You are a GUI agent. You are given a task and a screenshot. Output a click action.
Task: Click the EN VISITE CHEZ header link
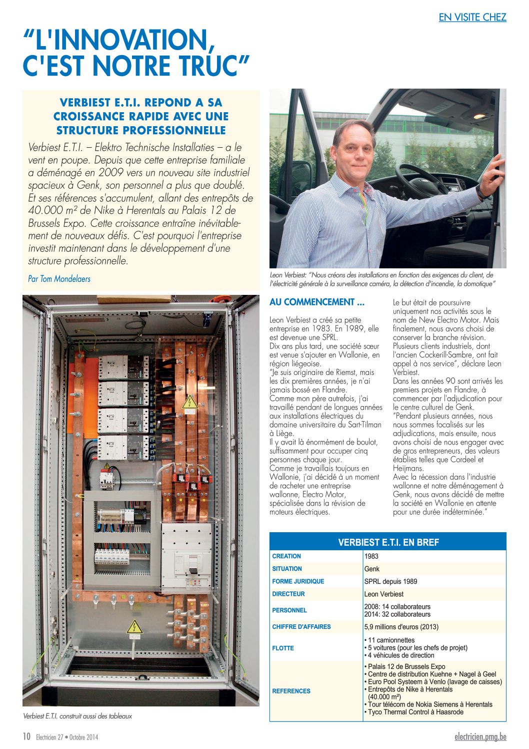[x=472, y=17]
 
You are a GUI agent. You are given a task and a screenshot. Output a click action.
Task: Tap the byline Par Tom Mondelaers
[x=59, y=279]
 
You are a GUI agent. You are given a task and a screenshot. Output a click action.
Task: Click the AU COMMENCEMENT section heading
[x=317, y=302]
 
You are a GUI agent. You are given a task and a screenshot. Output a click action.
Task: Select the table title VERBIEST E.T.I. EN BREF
[x=388, y=542]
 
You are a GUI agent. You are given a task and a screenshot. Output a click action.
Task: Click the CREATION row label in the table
[x=286, y=556]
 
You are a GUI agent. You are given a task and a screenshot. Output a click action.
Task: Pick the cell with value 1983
[x=371, y=556]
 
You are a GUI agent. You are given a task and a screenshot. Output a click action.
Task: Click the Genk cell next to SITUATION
[x=372, y=569]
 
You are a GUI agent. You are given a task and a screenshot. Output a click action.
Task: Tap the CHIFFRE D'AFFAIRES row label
[x=301, y=627]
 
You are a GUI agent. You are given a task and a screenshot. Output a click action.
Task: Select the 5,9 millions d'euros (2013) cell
[x=403, y=627]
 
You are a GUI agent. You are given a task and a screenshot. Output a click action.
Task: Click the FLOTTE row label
[x=283, y=648]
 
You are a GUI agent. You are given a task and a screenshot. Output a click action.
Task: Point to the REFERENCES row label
[x=291, y=691]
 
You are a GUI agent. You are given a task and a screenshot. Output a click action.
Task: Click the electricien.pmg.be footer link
[x=480, y=736]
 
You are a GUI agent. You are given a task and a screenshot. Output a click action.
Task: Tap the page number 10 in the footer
[x=26, y=736]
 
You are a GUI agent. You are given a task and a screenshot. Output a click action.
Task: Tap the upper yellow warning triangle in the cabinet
[x=189, y=402]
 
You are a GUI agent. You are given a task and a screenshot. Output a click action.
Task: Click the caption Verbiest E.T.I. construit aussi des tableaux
[x=77, y=716]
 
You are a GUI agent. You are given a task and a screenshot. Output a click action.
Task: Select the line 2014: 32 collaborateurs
[x=397, y=614]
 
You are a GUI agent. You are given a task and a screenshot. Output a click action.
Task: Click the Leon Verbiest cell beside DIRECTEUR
[x=383, y=594]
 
